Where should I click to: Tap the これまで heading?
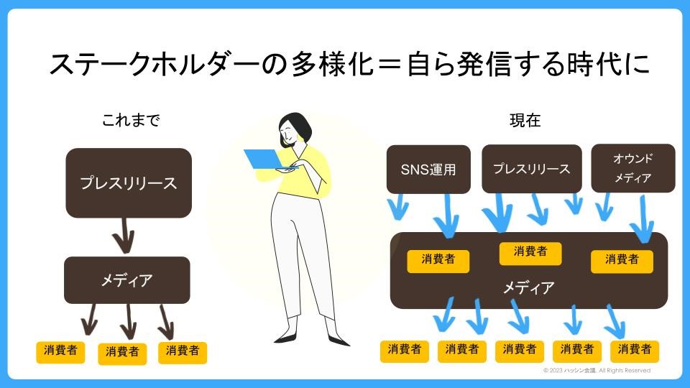[x=130, y=121]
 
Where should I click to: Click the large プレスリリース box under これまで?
[x=129, y=183]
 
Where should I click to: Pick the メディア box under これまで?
[x=127, y=280]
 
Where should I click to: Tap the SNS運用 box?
[x=428, y=170]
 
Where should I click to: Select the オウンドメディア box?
[x=632, y=168]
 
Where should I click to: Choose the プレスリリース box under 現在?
[x=531, y=169]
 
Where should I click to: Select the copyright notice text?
[x=597, y=371]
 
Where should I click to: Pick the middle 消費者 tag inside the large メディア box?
[x=530, y=251]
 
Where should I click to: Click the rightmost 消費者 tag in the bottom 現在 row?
[x=635, y=350]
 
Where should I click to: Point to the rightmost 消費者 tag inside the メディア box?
[x=622, y=260]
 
